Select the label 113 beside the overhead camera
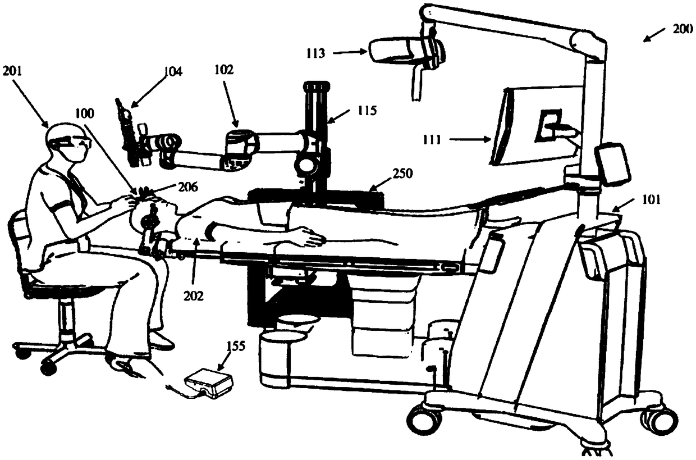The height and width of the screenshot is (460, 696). pyautogui.click(x=315, y=53)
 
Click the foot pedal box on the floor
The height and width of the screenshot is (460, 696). pyautogui.click(x=209, y=382)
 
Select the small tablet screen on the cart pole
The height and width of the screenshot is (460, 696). pyautogui.click(x=613, y=163)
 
